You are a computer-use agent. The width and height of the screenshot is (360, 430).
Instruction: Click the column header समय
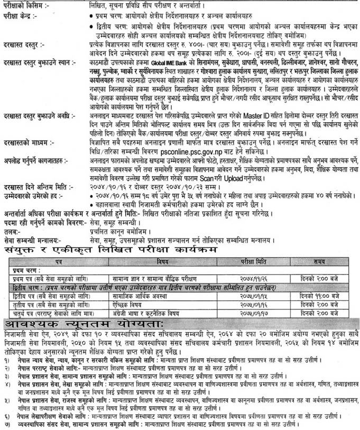point(319,261)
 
